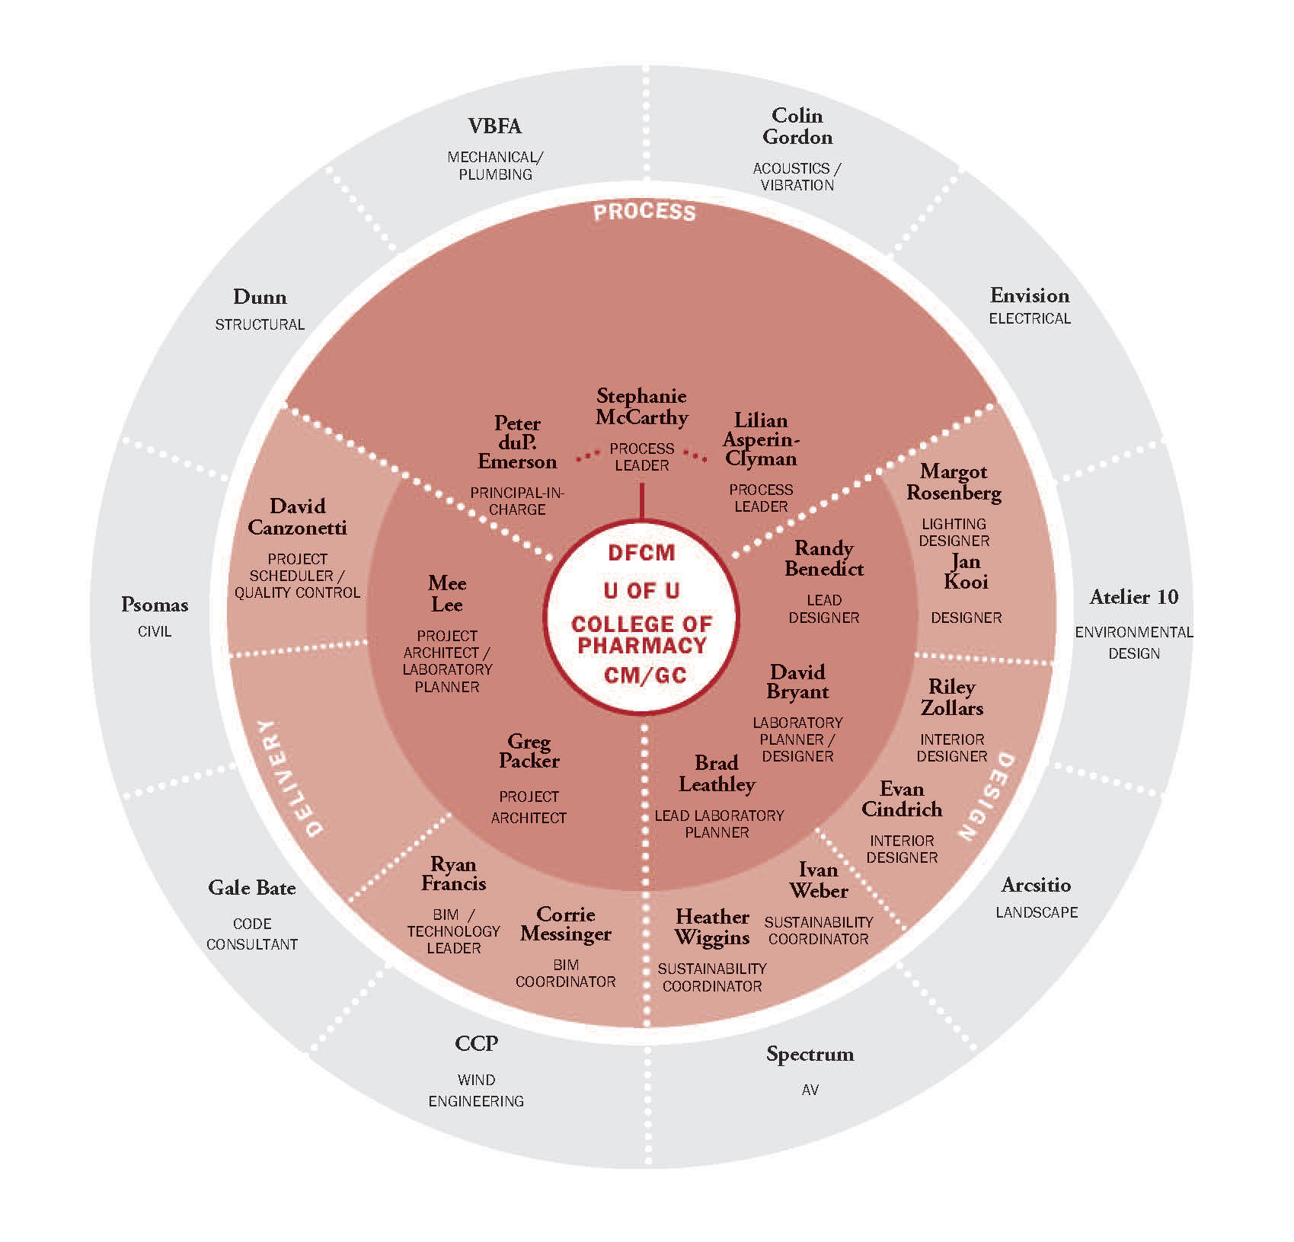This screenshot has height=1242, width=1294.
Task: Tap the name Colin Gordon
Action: pos(797,126)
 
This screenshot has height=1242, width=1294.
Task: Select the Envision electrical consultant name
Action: pos(1030,295)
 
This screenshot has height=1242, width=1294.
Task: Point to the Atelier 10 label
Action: pos(1133,597)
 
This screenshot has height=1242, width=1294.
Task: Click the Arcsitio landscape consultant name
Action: pos(1036,885)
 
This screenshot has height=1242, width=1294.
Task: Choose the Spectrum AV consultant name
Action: pos(810,1055)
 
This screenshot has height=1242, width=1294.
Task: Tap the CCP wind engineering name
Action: pos(476,1043)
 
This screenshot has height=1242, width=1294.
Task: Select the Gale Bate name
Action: pos(252,888)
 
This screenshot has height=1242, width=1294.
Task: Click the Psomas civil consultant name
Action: pos(155,605)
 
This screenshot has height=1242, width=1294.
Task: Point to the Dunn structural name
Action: pos(260,297)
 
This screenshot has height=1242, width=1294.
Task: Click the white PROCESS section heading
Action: pos(644,212)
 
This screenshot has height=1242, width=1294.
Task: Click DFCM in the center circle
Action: pos(641,553)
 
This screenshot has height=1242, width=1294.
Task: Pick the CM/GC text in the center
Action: pos(644,675)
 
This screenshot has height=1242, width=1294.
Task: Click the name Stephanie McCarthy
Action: pos(641,407)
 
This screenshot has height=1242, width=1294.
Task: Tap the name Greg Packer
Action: pos(529,751)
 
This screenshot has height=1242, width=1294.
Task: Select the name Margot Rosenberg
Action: pos(954,483)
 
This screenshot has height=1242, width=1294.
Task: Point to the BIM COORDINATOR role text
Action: pos(565,974)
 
